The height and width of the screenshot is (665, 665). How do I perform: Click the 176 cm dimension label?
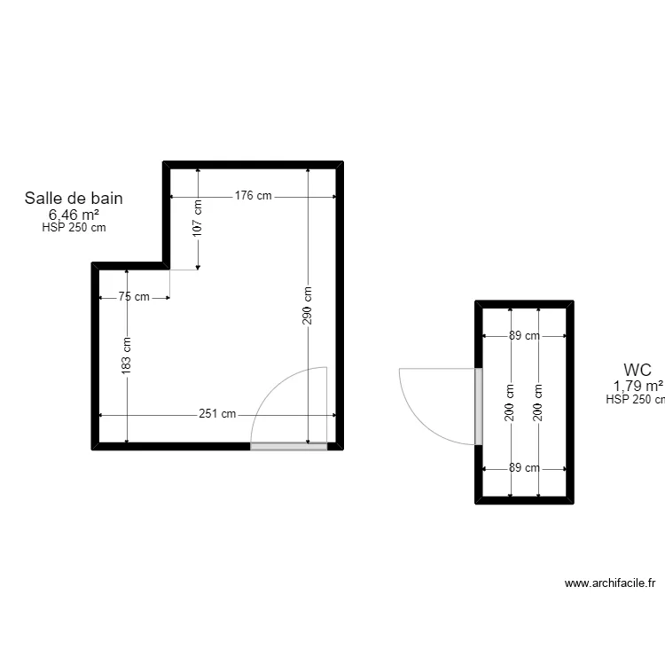[254, 196]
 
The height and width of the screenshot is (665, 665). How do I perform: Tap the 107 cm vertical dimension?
[197, 218]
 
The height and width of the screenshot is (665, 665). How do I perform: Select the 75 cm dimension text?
[134, 296]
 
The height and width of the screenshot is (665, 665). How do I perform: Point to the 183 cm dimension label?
[126, 356]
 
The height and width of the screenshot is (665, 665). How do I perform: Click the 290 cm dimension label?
[307, 306]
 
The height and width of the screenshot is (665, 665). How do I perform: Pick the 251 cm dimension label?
[217, 413]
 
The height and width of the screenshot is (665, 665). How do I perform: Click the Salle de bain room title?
[74, 198]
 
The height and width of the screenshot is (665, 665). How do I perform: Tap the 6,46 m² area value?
[74, 215]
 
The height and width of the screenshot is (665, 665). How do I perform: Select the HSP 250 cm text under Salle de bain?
[74, 227]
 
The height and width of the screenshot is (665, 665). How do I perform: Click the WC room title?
[638, 370]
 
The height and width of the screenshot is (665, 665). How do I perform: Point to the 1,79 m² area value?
[638, 386]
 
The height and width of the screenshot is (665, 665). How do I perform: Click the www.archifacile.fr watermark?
[610, 583]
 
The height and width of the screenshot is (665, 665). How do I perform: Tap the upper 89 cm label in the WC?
[524, 335]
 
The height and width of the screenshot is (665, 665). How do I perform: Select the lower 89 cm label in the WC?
[524, 468]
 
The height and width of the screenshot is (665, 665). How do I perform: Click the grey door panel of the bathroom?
[289, 446]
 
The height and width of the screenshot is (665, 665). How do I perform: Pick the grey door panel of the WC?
[479, 406]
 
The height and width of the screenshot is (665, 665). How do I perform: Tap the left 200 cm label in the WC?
[509, 403]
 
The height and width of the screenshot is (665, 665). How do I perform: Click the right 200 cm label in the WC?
[538, 403]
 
